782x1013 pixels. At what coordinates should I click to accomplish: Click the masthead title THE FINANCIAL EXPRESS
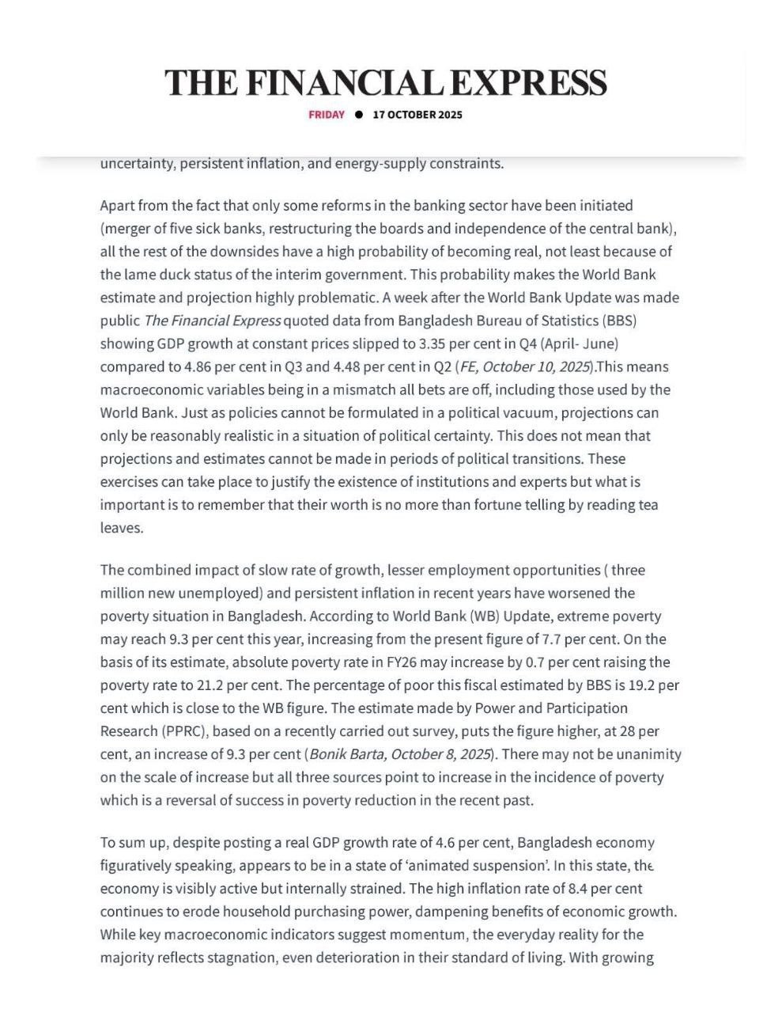point(386,83)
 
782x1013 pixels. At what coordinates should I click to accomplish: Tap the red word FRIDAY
point(327,115)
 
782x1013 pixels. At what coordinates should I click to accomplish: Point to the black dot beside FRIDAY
point(359,115)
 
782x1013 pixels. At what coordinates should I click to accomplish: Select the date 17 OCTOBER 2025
point(417,115)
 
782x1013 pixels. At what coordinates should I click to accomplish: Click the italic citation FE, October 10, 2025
point(524,366)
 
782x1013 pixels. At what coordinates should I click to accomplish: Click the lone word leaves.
point(122,528)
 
